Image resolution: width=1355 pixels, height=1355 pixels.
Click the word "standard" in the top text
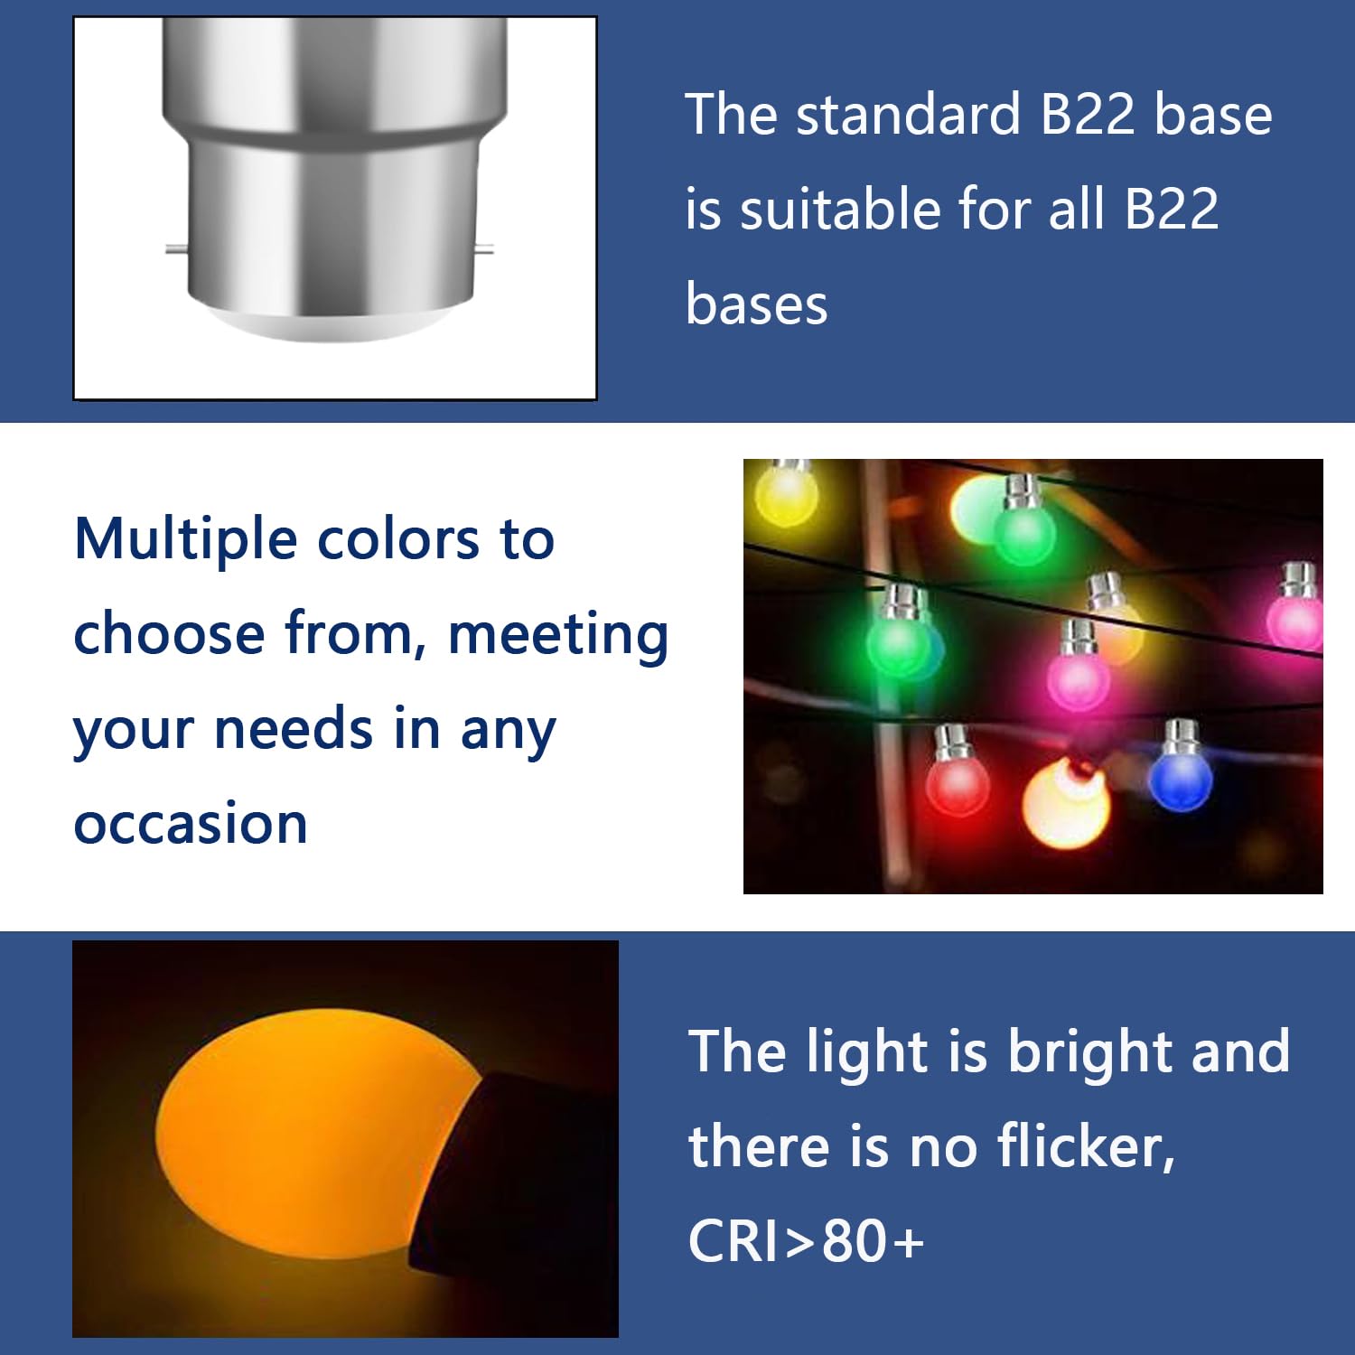(x=909, y=115)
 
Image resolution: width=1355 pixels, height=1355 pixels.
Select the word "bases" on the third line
(x=756, y=304)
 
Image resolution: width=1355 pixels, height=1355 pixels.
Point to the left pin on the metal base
(x=177, y=249)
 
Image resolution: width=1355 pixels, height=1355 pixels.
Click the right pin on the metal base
(x=483, y=249)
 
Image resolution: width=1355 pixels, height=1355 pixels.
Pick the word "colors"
(x=398, y=540)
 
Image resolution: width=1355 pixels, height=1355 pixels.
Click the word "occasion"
(x=191, y=824)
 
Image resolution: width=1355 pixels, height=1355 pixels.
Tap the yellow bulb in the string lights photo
(x=787, y=492)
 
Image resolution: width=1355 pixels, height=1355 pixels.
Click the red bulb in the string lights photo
(x=958, y=784)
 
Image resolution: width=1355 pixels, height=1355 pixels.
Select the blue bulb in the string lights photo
(x=1180, y=780)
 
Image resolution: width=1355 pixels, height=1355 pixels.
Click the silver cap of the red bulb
(x=951, y=743)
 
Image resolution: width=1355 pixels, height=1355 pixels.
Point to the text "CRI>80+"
(x=806, y=1240)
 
